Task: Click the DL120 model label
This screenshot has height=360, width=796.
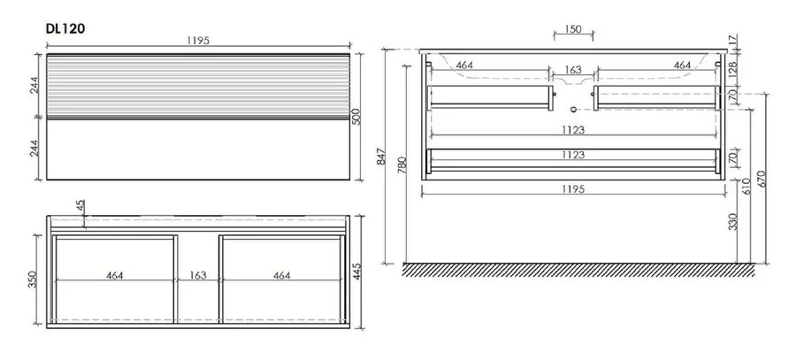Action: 65,28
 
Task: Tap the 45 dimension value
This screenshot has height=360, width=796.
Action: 80,205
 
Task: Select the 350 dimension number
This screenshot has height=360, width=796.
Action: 32,280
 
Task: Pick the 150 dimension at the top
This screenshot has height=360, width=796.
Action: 573,29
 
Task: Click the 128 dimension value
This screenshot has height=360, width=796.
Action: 733,70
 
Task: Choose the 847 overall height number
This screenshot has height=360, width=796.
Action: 382,157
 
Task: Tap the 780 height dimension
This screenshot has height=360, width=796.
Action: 402,165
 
